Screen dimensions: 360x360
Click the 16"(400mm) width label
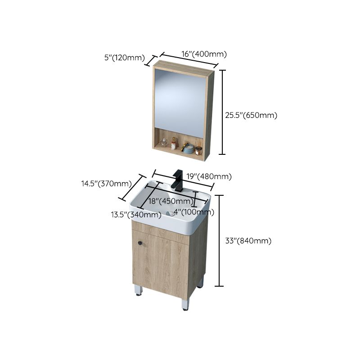click(x=204, y=54)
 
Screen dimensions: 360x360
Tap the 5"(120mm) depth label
click(x=124, y=58)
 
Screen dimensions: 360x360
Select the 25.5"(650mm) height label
click(x=251, y=115)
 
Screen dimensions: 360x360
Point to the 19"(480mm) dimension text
click(x=209, y=176)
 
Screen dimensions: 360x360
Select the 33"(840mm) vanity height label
click(x=248, y=241)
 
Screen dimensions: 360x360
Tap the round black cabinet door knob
click(x=140, y=243)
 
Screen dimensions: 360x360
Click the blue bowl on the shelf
click(x=198, y=149)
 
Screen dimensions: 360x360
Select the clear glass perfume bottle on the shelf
click(x=163, y=143)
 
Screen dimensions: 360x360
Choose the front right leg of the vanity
click(x=185, y=303)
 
